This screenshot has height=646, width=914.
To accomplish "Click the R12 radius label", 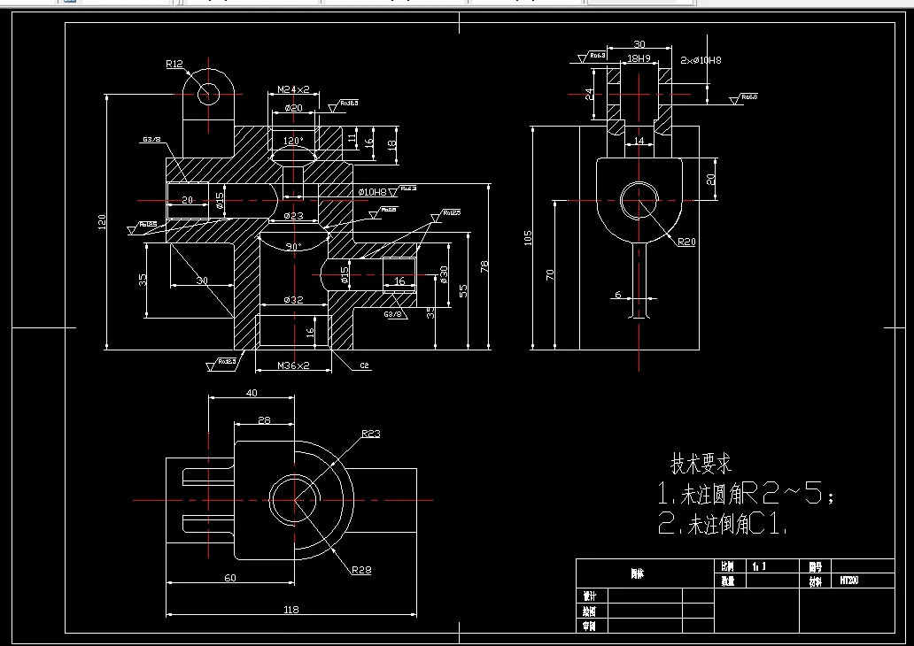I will click(174, 64).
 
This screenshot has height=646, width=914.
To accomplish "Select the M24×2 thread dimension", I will click(293, 89).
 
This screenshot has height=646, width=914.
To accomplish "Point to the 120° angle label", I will click(293, 141).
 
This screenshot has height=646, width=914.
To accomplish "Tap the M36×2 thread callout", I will click(293, 365).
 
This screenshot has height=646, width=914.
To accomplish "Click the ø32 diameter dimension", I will click(293, 300).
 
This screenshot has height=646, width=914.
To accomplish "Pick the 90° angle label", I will click(293, 246).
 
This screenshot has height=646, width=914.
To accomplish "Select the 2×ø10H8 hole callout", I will click(701, 60).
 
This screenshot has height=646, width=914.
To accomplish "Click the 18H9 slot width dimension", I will click(639, 59).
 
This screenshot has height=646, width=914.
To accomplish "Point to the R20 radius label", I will click(687, 242).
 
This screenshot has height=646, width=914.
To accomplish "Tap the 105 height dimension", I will click(528, 237).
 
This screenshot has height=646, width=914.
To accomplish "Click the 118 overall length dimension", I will click(290, 609).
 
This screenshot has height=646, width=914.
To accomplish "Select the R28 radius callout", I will click(360, 570).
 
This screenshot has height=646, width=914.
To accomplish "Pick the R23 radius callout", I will click(370, 434).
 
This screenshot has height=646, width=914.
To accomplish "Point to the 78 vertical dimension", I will click(484, 265).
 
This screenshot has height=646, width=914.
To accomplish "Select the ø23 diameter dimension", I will click(293, 216).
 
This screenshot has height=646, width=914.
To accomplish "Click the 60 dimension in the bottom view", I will click(230, 578).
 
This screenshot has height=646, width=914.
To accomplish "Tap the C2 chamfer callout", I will click(364, 365).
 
